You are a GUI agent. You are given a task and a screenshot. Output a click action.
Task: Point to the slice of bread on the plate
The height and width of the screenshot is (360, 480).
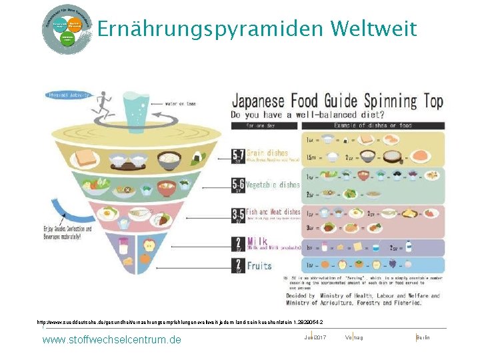pos(87,158)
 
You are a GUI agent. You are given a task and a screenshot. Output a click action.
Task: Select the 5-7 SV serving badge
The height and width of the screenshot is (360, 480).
pos(238,156)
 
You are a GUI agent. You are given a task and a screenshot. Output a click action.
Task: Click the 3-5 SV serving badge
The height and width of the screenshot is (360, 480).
pos(238,217)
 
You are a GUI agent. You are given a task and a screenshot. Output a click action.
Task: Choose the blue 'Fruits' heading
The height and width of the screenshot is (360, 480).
pos(260,265)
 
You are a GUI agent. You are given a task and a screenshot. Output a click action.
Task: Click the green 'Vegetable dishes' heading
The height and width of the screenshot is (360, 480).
pos(273,184)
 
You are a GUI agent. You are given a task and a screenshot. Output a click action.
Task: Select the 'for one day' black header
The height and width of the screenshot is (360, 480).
pos(270,125)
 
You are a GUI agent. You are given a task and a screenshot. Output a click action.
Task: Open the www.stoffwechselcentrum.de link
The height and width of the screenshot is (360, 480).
pos(111,340)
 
